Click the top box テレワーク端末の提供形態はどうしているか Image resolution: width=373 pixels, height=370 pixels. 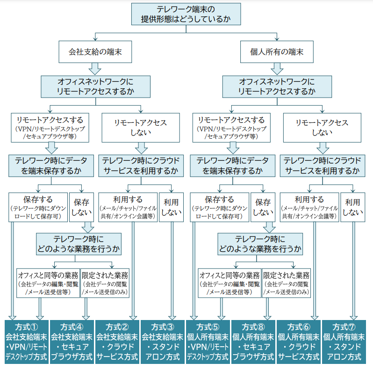point(186,14)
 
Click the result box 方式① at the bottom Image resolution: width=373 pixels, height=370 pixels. point(26,342)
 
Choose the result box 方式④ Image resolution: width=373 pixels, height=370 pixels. point(72,342)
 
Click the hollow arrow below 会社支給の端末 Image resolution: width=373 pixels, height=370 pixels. point(95,68)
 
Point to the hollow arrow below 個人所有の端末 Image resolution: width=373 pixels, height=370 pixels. point(277,68)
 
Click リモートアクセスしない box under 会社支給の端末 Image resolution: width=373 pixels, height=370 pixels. point(141,127)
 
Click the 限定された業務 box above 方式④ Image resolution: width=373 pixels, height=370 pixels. point(105,283)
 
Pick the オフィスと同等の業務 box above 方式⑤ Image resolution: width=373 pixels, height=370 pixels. point(230,283)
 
